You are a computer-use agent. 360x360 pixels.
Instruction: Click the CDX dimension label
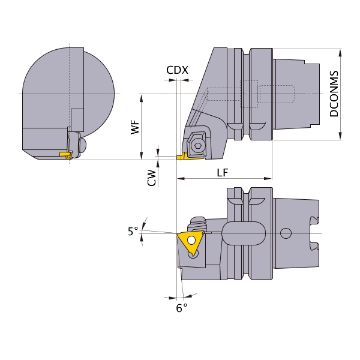[x=177, y=70]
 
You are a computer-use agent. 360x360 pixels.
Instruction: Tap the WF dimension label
[x=135, y=127]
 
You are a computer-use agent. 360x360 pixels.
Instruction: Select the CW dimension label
[x=152, y=178]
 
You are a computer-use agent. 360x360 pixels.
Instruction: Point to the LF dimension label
[x=223, y=173]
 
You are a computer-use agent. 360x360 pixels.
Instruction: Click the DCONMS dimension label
[x=334, y=94]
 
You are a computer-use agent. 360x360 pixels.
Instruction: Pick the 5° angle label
[x=133, y=231]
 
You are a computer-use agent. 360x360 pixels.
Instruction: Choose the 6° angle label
[x=182, y=308]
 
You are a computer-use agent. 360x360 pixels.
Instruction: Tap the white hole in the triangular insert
[x=191, y=241]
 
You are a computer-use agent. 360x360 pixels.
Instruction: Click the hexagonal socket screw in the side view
[x=197, y=145]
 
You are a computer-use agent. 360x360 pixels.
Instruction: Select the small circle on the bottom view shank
[x=286, y=233]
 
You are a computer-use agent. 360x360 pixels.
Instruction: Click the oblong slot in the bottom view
[x=244, y=233]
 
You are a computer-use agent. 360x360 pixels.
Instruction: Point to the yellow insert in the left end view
[x=65, y=154]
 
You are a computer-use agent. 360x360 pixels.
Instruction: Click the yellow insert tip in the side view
[x=182, y=157]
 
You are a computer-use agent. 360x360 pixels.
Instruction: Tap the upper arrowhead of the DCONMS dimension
[x=340, y=53]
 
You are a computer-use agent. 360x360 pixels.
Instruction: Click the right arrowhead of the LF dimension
[x=268, y=178]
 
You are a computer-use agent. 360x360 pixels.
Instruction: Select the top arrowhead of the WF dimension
[x=142, y=98]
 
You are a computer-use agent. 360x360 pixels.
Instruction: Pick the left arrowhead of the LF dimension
[x=181, y=178]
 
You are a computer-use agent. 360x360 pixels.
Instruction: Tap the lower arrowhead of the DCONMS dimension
[x=340, y=136]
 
